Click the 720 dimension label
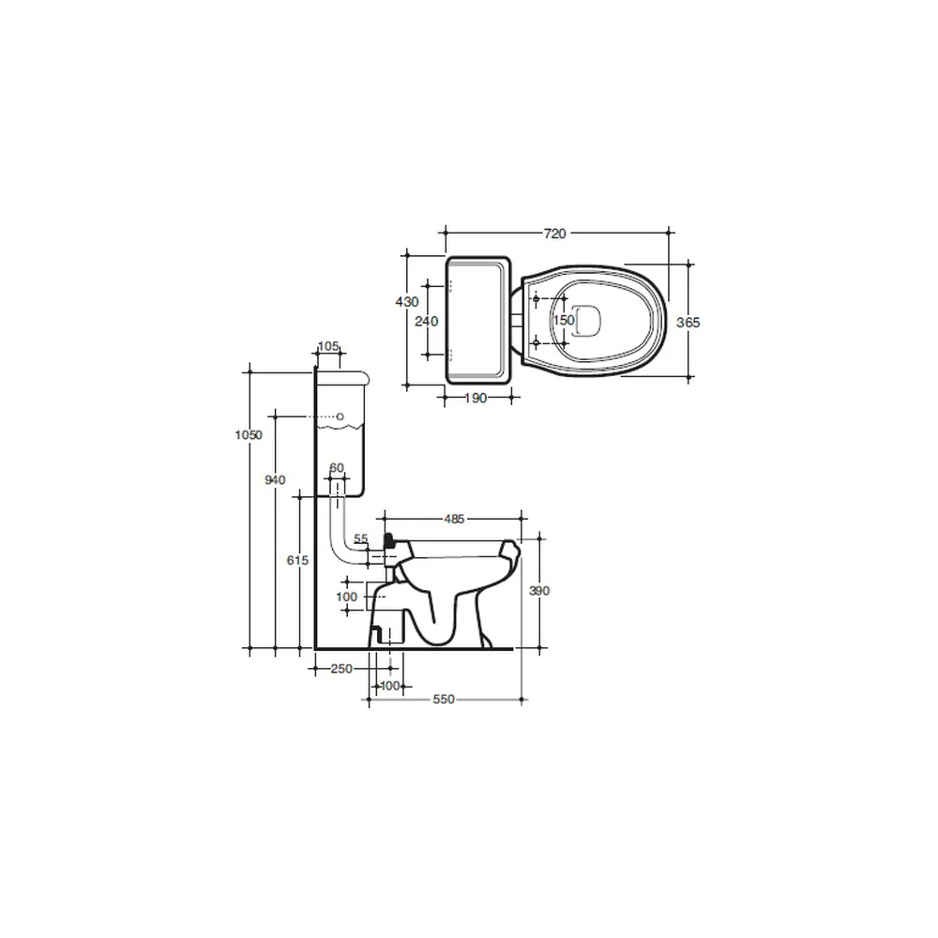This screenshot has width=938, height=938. coord(554,234)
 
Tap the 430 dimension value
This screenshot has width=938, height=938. coord(407,302)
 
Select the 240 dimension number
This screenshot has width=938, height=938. coord(427,321)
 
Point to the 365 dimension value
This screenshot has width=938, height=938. coord(688,323)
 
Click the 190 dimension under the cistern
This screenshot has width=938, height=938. coord(476,399)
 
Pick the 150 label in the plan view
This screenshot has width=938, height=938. coord(564,320)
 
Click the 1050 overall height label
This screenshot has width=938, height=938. coord(249,435)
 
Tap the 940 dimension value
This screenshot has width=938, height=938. coord(275,479)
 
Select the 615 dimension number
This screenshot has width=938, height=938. coord(297,561)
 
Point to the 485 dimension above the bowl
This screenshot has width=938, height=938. coord(454,520)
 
